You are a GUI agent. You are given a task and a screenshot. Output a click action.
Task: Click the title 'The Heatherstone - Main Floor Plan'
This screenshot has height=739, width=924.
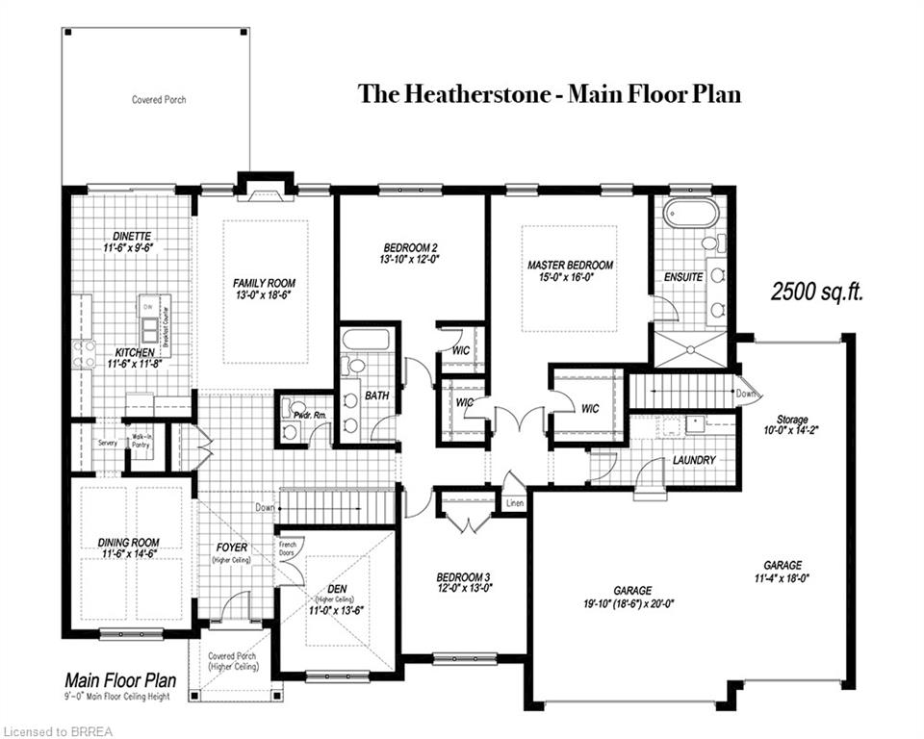point(550,94)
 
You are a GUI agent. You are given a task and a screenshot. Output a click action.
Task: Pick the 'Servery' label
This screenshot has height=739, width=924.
point(107,444)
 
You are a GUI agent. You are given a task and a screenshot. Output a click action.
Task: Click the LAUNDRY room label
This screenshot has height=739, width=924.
point(693,460)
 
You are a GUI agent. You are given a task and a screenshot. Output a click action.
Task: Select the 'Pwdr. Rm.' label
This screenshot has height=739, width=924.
point(311,414)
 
